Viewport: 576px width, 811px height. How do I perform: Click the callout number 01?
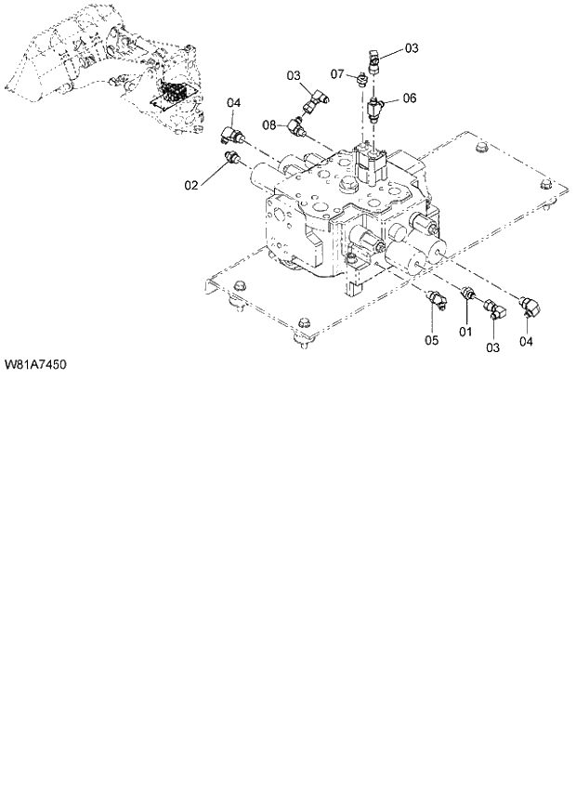[x=465, y=331]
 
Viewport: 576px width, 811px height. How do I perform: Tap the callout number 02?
[x=190, y=185]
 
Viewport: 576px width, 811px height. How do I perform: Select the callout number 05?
[x=431, y=339]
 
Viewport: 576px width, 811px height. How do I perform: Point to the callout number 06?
[x=410, y=98]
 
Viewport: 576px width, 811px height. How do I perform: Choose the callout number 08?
[x=268, y=124]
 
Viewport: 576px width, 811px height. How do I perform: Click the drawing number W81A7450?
[x=33, y=364]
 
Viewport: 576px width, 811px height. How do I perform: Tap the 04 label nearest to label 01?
[x=527, y=341]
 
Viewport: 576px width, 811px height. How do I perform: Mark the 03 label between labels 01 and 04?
[x=493, y=347]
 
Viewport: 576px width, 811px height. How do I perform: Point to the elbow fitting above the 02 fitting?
[x=232, y=137]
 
